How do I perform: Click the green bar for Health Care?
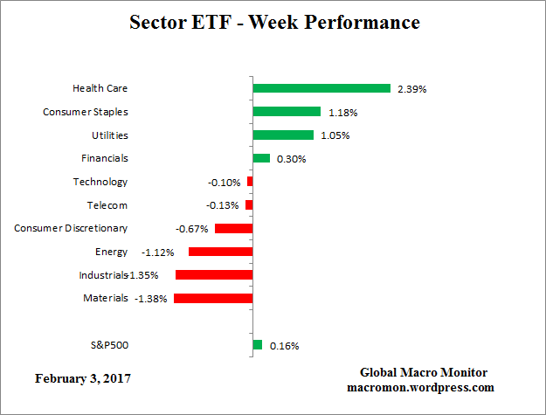[321, 88]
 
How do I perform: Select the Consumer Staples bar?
[287, 112]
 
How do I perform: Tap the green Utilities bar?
[283, 135]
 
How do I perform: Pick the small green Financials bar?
[261, 158]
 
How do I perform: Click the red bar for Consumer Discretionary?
[233, 228]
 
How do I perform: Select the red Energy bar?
[220, 252]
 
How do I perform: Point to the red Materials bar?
[213, 298]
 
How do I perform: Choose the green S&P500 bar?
[257, 345]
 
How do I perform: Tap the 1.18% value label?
[342, 113]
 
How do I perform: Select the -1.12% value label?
[157, 252]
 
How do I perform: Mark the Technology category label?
[100, 182]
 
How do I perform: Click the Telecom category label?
[107, 205]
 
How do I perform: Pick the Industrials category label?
[102, 275]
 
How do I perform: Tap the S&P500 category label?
[109, 344]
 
